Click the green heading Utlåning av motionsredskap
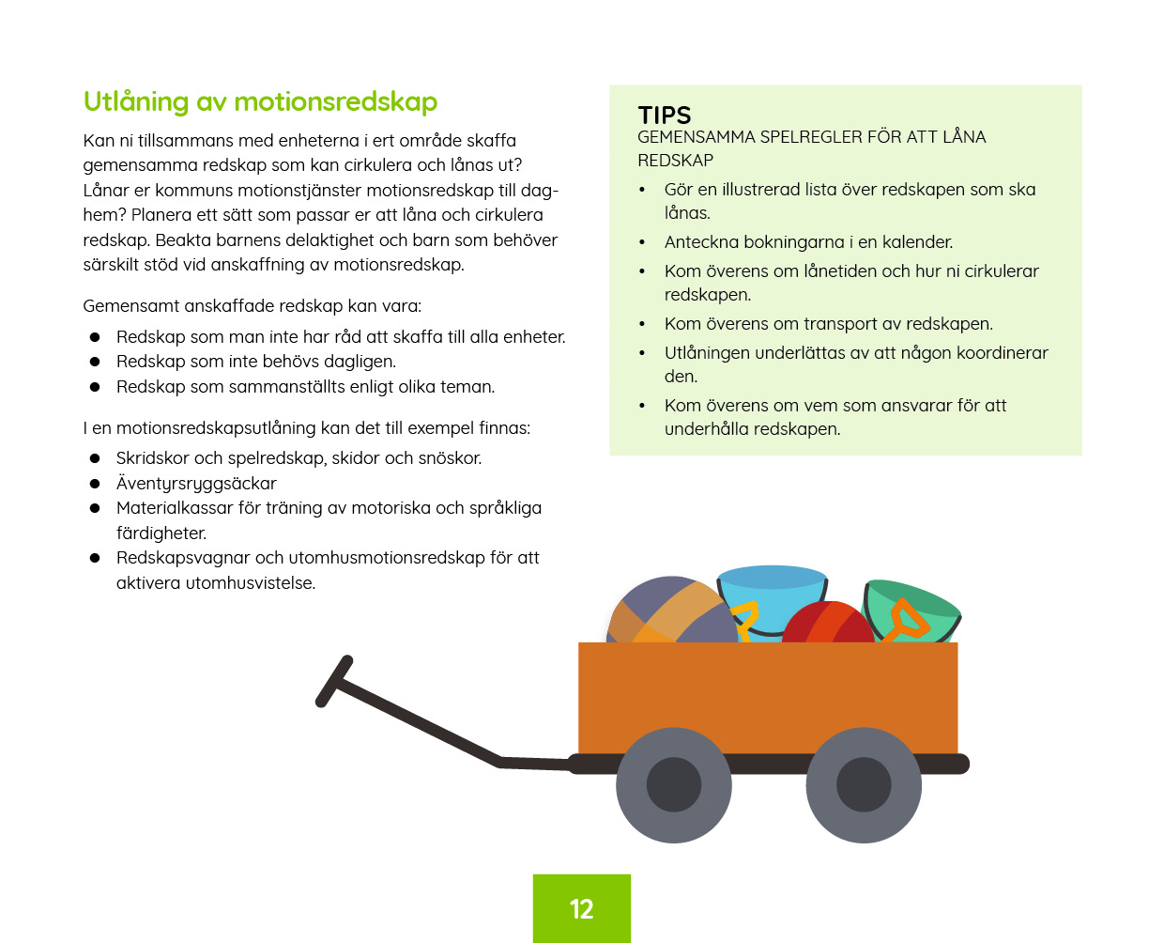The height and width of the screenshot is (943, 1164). coord(260,101)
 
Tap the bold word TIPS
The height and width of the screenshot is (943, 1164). coord(664,116)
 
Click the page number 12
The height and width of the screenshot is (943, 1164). coord(581,909)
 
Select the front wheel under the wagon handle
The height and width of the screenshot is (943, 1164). coord(673,785)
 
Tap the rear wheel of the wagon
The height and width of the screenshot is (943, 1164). coord(864,785)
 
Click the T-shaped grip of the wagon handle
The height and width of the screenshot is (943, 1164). coord(334,681)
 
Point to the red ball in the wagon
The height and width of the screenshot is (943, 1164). coord(828,622)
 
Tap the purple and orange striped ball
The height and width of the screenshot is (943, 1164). coord(671,611)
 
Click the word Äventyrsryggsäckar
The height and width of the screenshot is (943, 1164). coord(196,484)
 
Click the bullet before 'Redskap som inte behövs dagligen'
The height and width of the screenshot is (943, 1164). coord(95,362)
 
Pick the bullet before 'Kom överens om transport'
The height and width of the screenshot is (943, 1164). coord(642,324)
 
